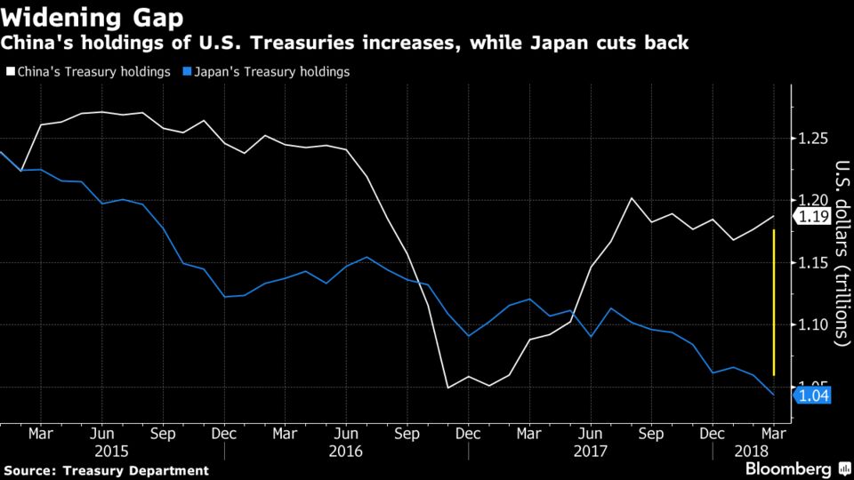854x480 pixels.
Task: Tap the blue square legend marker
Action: (x=186, y=71)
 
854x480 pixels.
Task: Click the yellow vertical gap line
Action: (x=775, y=302)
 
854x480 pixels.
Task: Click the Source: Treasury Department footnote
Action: (x=107, y=470)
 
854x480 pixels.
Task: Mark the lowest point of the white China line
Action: (x=447, y=388)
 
